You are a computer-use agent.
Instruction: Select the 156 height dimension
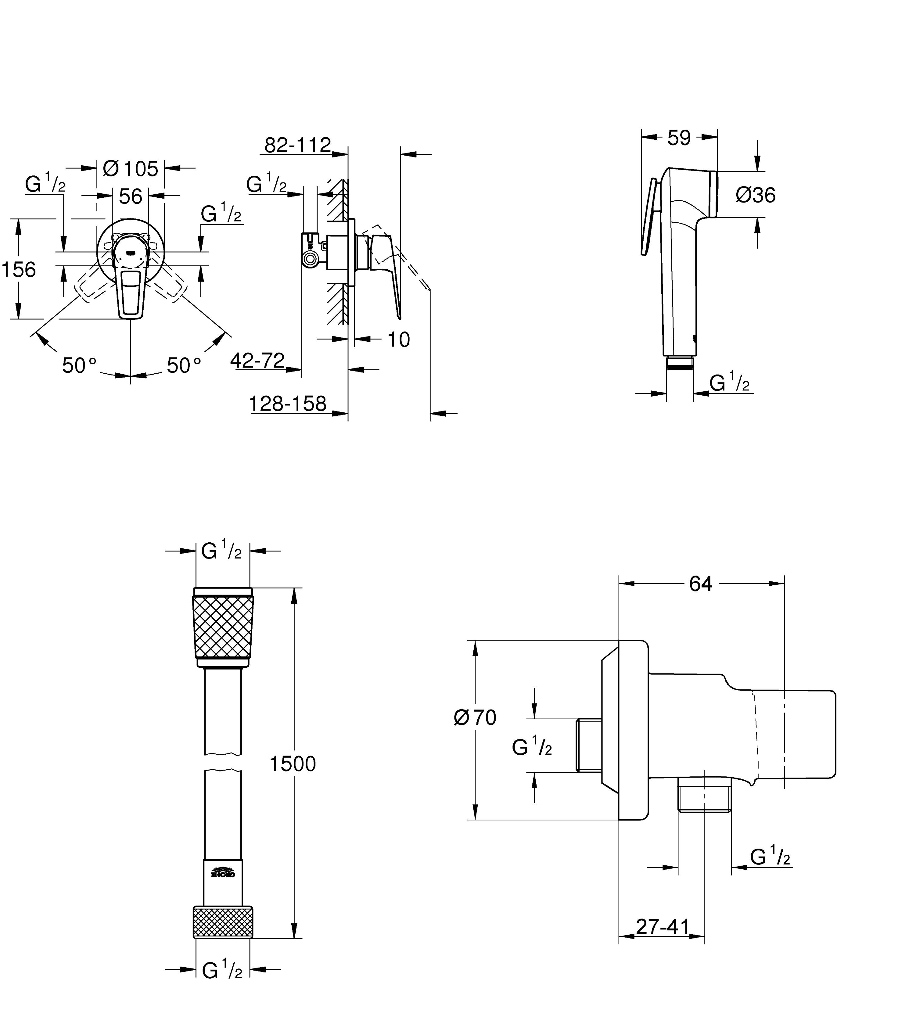[19, 270]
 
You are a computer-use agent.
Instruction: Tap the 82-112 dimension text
[298, 146]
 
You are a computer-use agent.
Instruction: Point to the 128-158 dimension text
[288, 404]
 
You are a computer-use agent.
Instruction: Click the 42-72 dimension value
[258, 360]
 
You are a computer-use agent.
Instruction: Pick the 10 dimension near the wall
[399, 340]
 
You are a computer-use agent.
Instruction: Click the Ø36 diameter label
[756, 195]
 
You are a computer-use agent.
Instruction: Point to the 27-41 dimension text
[663, 927]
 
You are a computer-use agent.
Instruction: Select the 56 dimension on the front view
[130, 196]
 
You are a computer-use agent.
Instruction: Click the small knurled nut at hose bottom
[223, 922]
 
